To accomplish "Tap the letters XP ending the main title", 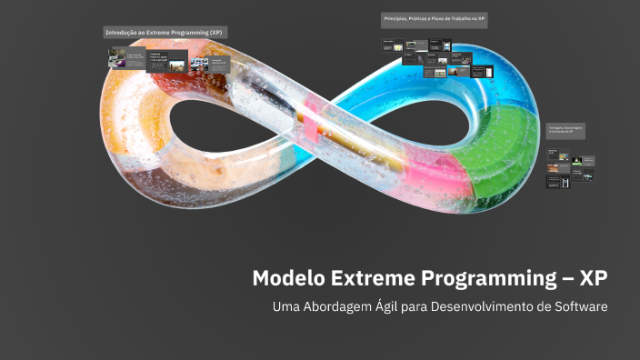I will coord(594,278).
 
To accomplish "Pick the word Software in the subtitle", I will coord(575,305).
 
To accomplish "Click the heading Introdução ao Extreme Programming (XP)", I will coord(164,32).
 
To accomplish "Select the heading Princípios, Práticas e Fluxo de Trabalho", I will coord(434,20).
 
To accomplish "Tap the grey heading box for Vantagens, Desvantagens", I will coord(565,130).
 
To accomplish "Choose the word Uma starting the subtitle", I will coord(286,306).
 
